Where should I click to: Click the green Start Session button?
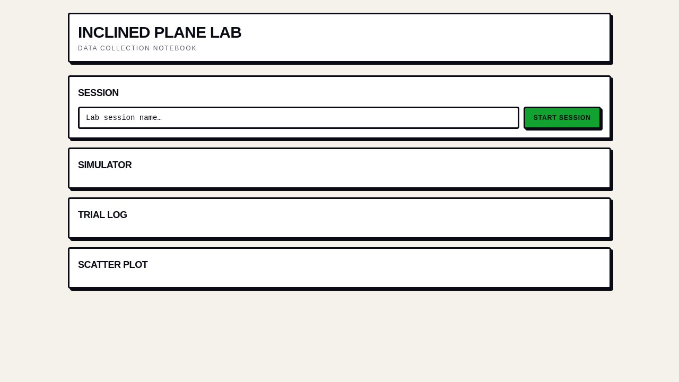click(x=562, y=118)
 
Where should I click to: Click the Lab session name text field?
click(x=299, y=118)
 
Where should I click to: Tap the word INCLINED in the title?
click(x=114, y=32)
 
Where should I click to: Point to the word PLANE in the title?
click(x=180, y=32)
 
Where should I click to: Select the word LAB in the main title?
click(x=225, y=32)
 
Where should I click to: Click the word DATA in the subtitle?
click(x=88, y=48)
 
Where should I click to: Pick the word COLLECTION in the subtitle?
click(x=125, y=48)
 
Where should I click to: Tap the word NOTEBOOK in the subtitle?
click(x=175, y=48)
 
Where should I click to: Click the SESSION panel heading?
click(x=98, y=93)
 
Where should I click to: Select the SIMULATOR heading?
click(x=105, y=165)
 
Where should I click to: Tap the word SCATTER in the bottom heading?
click(x=99, y=265)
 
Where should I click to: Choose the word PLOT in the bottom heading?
click(x=135, y=265)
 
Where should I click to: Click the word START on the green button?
click(x=545, y=118)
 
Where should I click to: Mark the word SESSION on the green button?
click(x=574, y=118)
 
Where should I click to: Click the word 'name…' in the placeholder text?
click(x=150, y=118)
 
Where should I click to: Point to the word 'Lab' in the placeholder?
click(x=92, y=118)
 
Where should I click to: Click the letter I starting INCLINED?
click(x=80, y=32)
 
